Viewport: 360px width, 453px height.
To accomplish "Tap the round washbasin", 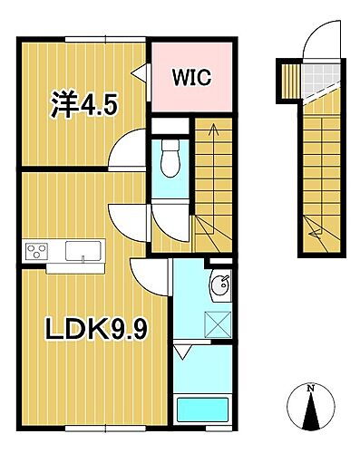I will tap(218, 288).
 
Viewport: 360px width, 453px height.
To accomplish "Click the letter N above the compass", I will tap(311, 388).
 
